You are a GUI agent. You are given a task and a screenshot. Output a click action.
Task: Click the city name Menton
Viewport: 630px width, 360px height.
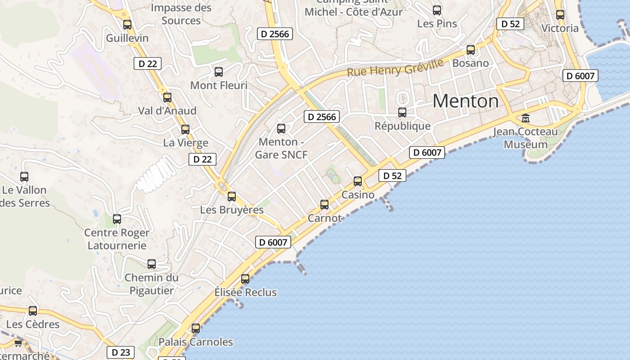466,101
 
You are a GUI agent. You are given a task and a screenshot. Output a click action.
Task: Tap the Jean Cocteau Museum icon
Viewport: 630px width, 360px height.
525,118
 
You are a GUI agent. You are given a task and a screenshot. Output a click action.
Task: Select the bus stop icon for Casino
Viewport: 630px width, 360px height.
358,181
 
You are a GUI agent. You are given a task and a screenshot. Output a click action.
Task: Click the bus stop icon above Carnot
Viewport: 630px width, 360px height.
324,205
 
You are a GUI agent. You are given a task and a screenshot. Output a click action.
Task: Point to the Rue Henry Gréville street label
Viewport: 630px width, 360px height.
395,67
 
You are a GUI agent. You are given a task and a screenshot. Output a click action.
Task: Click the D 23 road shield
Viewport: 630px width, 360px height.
120,352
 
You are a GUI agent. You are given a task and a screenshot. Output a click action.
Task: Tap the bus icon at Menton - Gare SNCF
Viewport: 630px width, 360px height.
281,129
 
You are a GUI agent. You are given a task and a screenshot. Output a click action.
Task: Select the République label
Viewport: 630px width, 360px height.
403,126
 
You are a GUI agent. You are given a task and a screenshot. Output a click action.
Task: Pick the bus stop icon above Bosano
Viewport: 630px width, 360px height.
471,50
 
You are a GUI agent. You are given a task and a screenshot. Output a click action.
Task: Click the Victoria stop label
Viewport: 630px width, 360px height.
560,28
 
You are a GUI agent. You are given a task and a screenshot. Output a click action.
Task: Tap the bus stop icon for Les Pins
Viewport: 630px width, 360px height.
437,10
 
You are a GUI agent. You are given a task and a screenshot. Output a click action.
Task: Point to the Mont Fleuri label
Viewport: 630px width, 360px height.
219,85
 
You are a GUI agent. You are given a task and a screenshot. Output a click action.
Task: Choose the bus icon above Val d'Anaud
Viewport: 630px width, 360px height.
167,97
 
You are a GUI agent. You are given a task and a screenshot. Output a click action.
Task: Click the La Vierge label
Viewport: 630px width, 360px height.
185,143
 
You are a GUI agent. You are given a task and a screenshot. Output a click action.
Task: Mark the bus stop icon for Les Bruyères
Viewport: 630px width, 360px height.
232,196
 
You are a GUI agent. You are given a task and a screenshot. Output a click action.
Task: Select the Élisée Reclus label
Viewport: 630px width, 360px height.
245,292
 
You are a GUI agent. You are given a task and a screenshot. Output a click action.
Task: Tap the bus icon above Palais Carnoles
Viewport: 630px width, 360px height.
196,328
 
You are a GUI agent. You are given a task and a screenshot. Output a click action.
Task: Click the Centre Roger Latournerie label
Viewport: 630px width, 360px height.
117,239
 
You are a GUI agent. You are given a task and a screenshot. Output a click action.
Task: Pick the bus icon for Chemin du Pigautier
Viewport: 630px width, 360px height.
152,264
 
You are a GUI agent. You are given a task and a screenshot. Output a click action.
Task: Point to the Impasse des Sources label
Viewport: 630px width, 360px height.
181,14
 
